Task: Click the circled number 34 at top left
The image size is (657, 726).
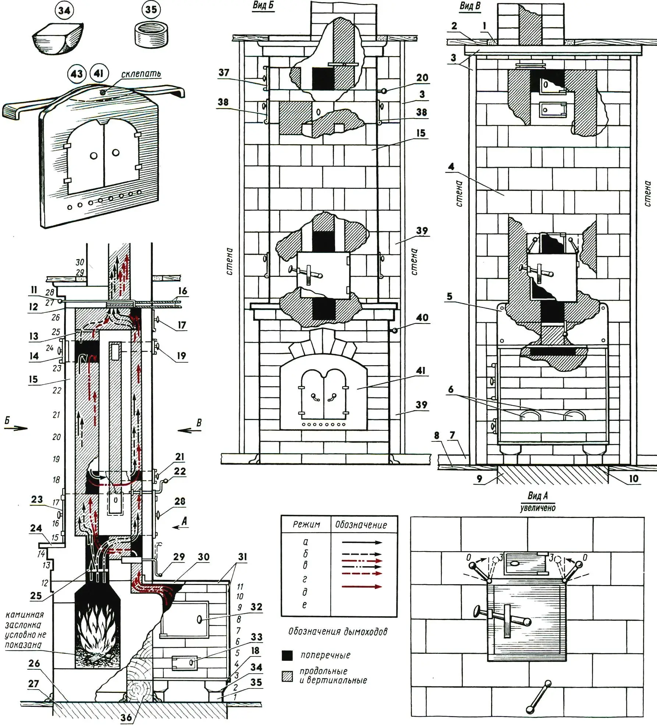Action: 64,11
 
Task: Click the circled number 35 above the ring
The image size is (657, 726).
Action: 151,10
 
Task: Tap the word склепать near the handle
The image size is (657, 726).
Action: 141,74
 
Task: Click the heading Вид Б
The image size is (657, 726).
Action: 263,6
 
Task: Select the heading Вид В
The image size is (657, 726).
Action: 470,6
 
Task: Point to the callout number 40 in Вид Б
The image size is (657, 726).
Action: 422,317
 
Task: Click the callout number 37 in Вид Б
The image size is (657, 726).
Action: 224,73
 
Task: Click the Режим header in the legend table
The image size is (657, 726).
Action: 306,524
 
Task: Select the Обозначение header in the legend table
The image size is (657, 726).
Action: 361,525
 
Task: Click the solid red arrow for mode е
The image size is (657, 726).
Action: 362,586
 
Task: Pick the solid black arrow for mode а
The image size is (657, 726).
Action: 362,542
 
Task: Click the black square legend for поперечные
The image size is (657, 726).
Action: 287,655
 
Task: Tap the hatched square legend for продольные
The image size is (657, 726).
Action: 287,676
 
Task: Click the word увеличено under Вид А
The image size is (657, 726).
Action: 537,508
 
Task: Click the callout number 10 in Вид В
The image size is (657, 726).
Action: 633,478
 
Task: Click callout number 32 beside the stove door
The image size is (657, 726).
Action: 256,607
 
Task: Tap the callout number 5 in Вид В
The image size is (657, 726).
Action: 450,296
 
